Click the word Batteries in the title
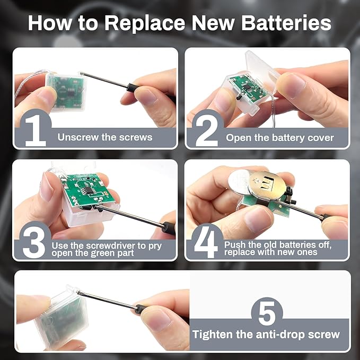click(x=286, y=23)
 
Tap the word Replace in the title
click(x=145, y=24)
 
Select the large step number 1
click(x=36, y=131)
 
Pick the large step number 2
click(x=207, y=131)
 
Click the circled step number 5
click(x=267, y=313)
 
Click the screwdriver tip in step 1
click(x=81, y=74)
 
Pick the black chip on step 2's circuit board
click(x=247, y=87)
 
